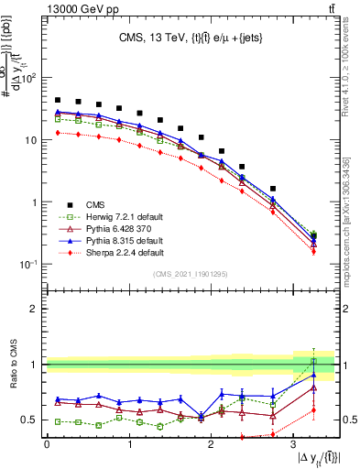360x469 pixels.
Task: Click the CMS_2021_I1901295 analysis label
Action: click(191, 275)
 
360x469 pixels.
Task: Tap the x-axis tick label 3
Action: click(295, 445)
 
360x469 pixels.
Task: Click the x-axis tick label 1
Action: click(129, 445)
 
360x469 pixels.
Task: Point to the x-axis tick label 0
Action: click(47, 445)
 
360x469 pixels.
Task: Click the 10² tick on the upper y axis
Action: click(29, 78)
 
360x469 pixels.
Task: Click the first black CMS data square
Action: click(58, 100)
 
